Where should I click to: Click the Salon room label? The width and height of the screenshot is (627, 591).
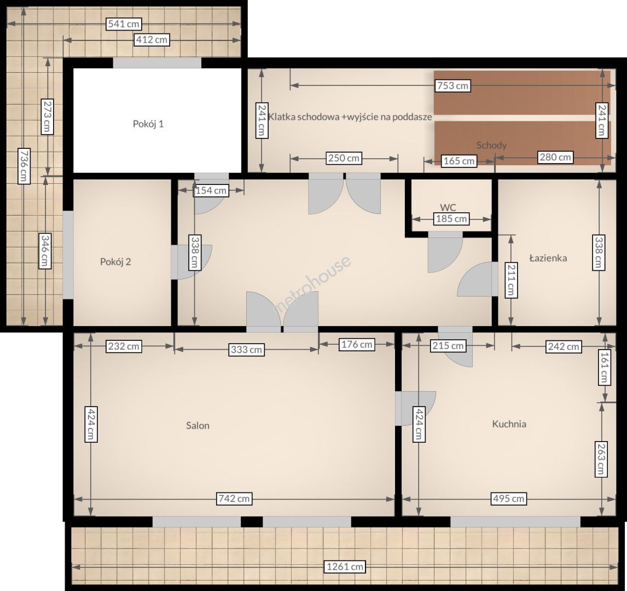pyautogui.click(x=198, y=425)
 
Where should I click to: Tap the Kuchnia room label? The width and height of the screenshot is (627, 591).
pyautogui.click(x=509, y=424)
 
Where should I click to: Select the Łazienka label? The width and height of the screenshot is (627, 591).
pyautogui.click(x=548, y=258)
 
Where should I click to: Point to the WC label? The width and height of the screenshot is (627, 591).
pyautogui.click(x=448, y=207)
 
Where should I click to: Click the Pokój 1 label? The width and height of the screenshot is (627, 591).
pyautogui.click(x=148, y=124)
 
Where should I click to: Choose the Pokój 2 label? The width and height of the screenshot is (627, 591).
pyautogui.click(x=115, y=262)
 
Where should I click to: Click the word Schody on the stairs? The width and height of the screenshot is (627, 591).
pyautogui.click(x=491, y=145)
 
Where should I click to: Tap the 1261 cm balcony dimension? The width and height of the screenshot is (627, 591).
pyautogui.click(x=345, y=566)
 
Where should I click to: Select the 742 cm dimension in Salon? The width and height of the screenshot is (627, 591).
pyautogui.click(x=234, y=499)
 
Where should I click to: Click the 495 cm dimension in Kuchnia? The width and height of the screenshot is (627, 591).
pyautogui.click(x=508, y=499)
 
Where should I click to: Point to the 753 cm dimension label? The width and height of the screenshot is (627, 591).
pyautogui.click(x=452, y=85)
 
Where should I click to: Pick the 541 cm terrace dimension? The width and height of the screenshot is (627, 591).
pyautogui.click(x=124, y=24)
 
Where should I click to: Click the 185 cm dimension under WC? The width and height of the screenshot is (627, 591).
pyautogui.click(x=451, y=219)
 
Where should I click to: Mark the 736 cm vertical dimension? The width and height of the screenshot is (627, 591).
pyautogui.click(x=24, y=166)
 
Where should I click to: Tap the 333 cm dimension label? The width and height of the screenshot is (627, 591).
pyautogui.click(x=246, y=350)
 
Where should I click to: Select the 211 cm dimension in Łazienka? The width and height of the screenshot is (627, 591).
pyautogui.click(x=510, y=280)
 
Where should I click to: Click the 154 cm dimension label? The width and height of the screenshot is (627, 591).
pyautogui.click(x=211, y=191)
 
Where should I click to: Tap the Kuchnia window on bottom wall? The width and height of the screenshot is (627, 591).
pyautogui.click(x=515, y=522)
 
